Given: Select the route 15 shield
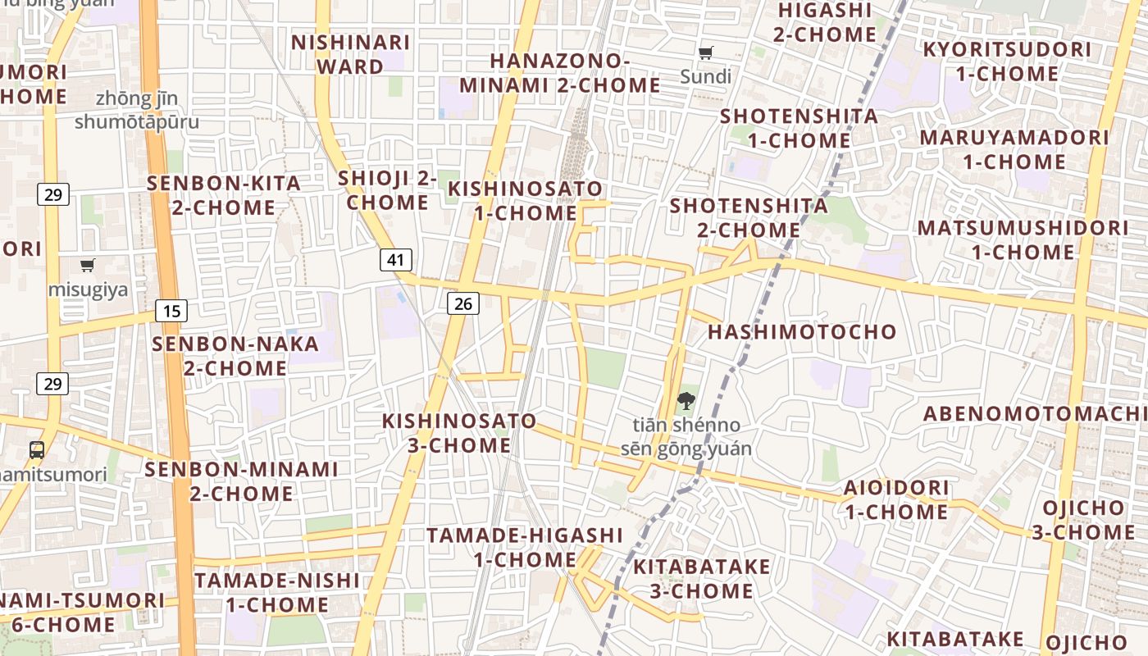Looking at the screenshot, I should pyautogui.click(x=171, y=311).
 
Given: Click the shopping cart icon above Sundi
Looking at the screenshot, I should pyautogui.click(x=705, y=53).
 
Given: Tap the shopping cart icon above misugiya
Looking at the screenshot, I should pyautogui.click(x=88, y=265).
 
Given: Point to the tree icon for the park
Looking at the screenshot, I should pyautogui.click(x=686, y=401).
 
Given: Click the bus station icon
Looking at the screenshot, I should pyautogui.click(x=37, y=449).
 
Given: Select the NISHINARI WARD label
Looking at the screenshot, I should pyautogui.click(x=350, y=54).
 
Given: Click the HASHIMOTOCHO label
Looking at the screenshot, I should pyautogui.click(x=802, y=332).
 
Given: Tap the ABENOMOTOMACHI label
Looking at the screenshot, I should pyautogui.click(x=1035, y=413).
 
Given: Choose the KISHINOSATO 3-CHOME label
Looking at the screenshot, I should pyautogui.click(x=459, y=433).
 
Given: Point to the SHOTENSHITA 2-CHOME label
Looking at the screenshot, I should pyautogui.click(x=749, y=217).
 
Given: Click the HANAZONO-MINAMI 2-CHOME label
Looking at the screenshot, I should pyautogui.click(x=560, y=73).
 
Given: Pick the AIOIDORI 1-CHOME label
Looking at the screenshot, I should pyautogui.click(x=896, y=499).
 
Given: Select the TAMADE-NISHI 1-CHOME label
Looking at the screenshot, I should pyautogui.click(x=277, y=592).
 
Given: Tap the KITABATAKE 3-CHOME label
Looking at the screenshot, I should pyautogui.click(x=702, y=578).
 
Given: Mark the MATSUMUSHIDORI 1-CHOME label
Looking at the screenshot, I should pyautogui.click(x=1023, y=239).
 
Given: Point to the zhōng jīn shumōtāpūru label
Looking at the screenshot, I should pyautogui.click(x=137, y=110).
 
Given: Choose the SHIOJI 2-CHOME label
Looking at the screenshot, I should pyautogui.click(x=387, y=189).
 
